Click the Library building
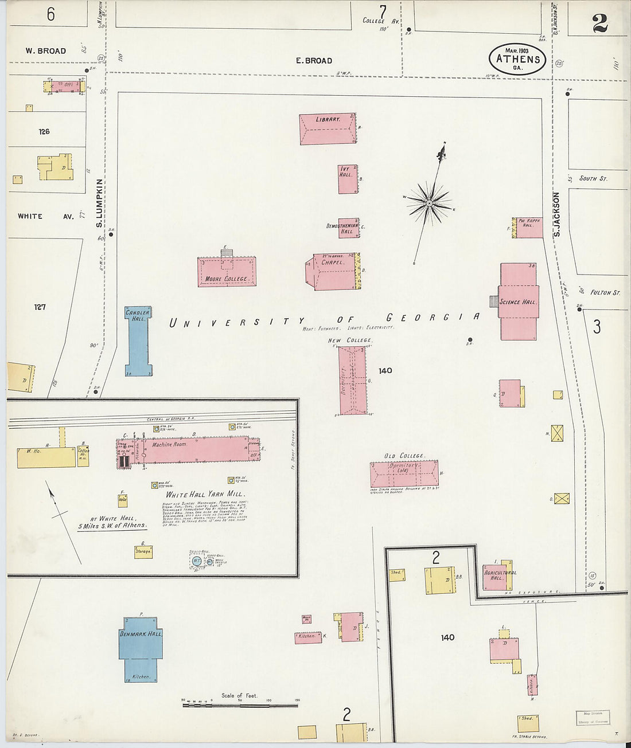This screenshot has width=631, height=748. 328,130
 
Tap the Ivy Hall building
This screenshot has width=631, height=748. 348,179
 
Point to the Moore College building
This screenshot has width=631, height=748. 227,272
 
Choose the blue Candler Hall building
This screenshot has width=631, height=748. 138,342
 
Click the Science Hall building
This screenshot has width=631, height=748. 519,302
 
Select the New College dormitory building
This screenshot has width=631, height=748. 352,380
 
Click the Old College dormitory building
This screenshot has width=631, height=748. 404,473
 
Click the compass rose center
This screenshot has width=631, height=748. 429,203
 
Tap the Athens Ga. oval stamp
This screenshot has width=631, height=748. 517,59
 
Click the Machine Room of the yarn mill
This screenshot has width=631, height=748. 195,449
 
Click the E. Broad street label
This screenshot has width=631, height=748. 314,61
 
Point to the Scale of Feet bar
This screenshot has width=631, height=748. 240,704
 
